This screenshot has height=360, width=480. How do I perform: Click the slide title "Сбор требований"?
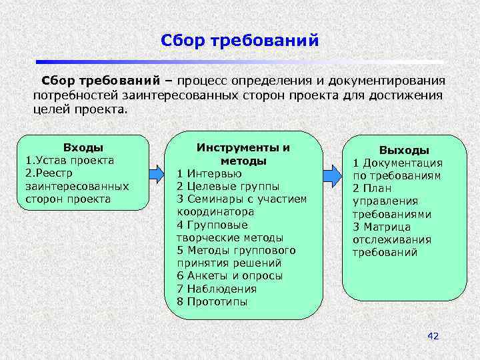[240, 41]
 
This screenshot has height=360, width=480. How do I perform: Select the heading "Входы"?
[83, 147]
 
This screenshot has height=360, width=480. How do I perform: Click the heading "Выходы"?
[404, 151]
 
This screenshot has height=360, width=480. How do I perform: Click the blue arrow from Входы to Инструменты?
[155, 174]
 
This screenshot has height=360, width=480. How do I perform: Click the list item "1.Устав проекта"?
[70, 160]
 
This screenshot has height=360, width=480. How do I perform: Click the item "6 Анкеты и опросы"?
[229, 276]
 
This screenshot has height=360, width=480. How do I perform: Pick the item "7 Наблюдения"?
[217, 289]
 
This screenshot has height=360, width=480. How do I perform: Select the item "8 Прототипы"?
[212, 301]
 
